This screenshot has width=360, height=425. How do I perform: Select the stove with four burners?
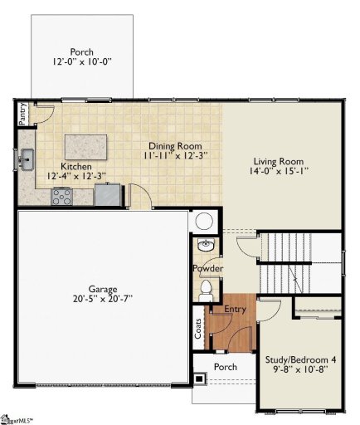tap(62, 196)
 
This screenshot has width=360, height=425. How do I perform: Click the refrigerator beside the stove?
tap(107, 194)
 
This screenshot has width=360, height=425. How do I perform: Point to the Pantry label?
tap(22, 111)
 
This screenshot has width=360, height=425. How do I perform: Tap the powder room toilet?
tap(207, 290)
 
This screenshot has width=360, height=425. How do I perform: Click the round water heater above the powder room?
tap(204, 222)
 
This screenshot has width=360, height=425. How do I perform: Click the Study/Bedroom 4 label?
tap(300, 359)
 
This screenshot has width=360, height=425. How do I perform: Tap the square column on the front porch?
tap(199, 379)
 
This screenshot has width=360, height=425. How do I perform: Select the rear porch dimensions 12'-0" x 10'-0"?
tap(81, 61)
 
